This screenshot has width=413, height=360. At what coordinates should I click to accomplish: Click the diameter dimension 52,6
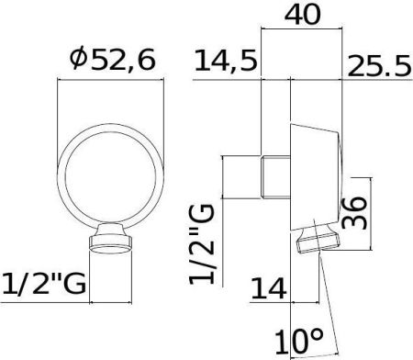point(113,59)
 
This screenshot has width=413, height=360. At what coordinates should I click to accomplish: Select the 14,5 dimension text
point(226,61)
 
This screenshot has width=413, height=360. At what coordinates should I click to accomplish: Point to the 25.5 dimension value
point(379,65)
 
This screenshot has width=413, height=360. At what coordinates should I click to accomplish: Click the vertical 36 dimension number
point(353,213)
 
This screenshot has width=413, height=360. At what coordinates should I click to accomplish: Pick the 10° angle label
point(298,342)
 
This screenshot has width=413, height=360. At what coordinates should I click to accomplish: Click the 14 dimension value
point(269,287)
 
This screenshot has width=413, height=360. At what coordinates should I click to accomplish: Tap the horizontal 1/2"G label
point(44,284)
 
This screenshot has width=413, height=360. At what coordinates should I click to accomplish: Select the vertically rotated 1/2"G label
point(202,244)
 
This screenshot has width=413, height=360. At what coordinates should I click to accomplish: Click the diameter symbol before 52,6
point(79,59)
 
